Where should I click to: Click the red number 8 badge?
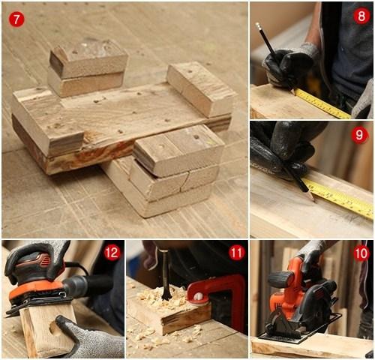[x=361, y=16]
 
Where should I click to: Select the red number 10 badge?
[x=361, y=253]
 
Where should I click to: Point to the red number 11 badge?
[x=236, y=253]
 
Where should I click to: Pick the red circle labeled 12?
[x=112, y=253]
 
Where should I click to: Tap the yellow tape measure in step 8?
[x=322, y=103]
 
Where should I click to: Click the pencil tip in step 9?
[x=312, y=200]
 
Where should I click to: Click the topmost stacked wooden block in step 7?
[x=89, y=56]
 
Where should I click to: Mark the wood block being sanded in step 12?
[x=45, y=330]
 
